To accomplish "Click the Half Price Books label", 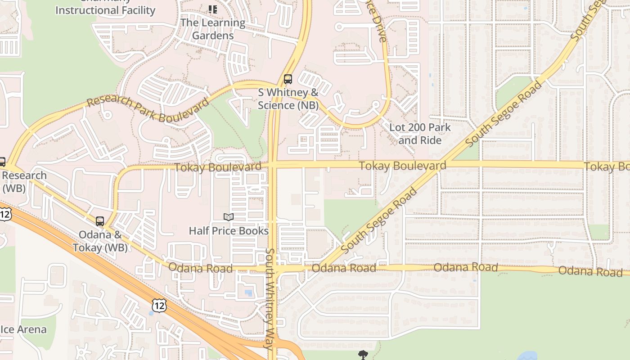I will click(229, 231).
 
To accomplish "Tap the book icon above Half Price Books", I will click(229, 217).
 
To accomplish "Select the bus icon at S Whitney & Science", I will click(288, 79).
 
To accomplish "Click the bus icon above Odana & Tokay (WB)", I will click(100, 221).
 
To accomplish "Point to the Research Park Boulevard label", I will click(148, 108).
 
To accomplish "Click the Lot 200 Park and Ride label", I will click(420, 134).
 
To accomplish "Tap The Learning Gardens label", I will click(213, 29).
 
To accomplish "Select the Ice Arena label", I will click(23, 329).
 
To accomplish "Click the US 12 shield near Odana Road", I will click(159, 306).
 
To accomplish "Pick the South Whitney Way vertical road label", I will click(270, 299).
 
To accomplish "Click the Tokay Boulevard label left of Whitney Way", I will click(218, 167).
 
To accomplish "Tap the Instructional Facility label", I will click(105, 10).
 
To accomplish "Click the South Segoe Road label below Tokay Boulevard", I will click(379, 220).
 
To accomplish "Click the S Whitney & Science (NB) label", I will click(288, 99).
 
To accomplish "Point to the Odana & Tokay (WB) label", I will click(100, 241).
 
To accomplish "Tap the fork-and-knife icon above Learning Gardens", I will click(213, 9).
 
